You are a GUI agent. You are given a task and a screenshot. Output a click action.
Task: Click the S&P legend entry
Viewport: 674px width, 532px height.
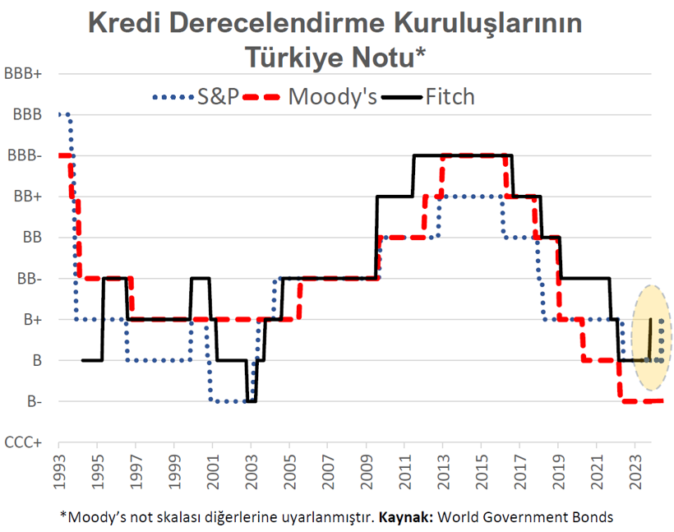195,96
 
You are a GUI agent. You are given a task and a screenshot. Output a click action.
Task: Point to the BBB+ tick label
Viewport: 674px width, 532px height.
24,73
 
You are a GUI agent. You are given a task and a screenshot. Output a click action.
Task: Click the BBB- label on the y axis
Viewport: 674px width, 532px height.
25,155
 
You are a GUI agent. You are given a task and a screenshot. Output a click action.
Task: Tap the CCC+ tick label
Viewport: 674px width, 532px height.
24,442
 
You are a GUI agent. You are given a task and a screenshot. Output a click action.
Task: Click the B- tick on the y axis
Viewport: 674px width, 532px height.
33,401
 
